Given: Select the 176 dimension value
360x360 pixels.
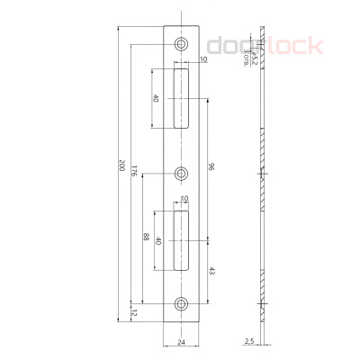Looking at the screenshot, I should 133,173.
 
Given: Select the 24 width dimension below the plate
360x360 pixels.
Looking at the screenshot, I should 181,342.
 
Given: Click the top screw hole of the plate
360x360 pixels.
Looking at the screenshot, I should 183,42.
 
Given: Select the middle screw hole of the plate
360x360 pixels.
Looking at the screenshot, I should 183,171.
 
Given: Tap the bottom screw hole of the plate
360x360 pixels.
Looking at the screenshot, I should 183,305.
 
